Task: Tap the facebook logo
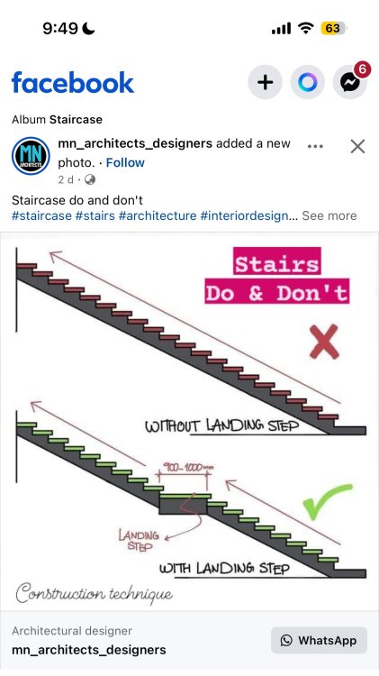point(73,82)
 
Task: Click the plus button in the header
point(265,82)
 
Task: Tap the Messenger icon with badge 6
point(350,81)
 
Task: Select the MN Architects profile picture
point(31,156)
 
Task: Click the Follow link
point(125,162)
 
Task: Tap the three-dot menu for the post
point(315,146)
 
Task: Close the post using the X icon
point(357,147)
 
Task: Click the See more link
point(329,215)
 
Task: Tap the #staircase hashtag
point(41,215)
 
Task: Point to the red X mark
point(324,342)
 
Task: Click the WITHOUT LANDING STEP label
point(221,425)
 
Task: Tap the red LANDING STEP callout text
point(140,541)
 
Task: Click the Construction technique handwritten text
point(95,593)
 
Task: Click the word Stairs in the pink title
point(277,264)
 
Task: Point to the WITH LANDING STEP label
point(224,568)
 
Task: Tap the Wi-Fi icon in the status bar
point(306,29)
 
